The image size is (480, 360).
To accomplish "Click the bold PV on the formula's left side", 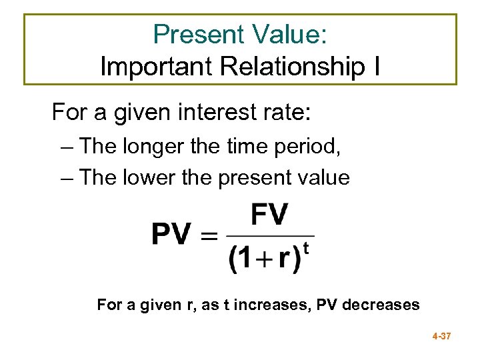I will [x=173, y=235].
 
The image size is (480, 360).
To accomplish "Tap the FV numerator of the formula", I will [x=270, y=215].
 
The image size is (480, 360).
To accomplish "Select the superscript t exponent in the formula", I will [x=305, y=249].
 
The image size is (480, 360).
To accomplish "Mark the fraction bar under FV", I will [x=270, y=235].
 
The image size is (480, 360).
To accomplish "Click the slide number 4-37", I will [x=441, y=337].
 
